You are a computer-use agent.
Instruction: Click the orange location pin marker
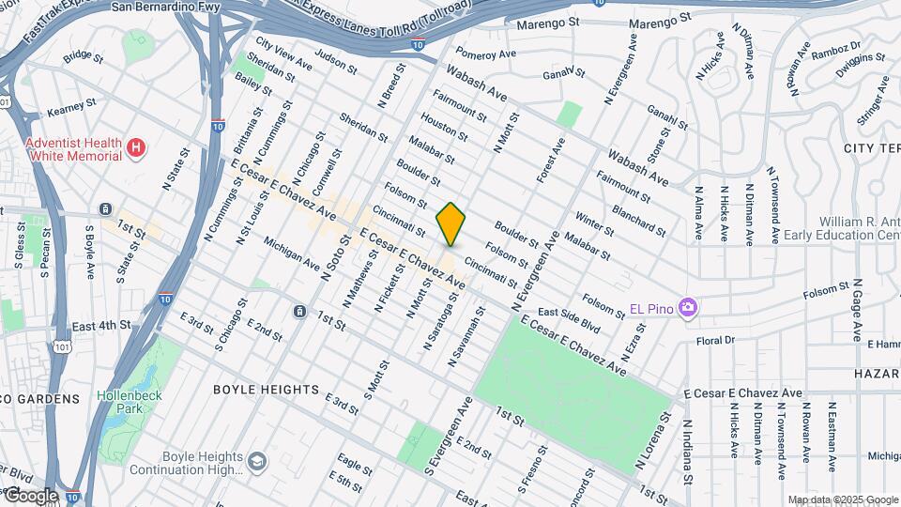coord(450,223)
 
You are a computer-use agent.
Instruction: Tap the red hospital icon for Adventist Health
coord(137,147)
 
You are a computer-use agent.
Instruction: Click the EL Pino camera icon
coord(689,308)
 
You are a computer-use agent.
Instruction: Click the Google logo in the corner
coord(30,495)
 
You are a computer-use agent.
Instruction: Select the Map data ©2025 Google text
coord(842,499)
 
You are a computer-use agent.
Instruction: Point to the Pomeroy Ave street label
coord(486,54)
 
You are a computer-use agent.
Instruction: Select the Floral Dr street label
coord(715,340)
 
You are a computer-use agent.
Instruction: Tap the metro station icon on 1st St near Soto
coord(298,311)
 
